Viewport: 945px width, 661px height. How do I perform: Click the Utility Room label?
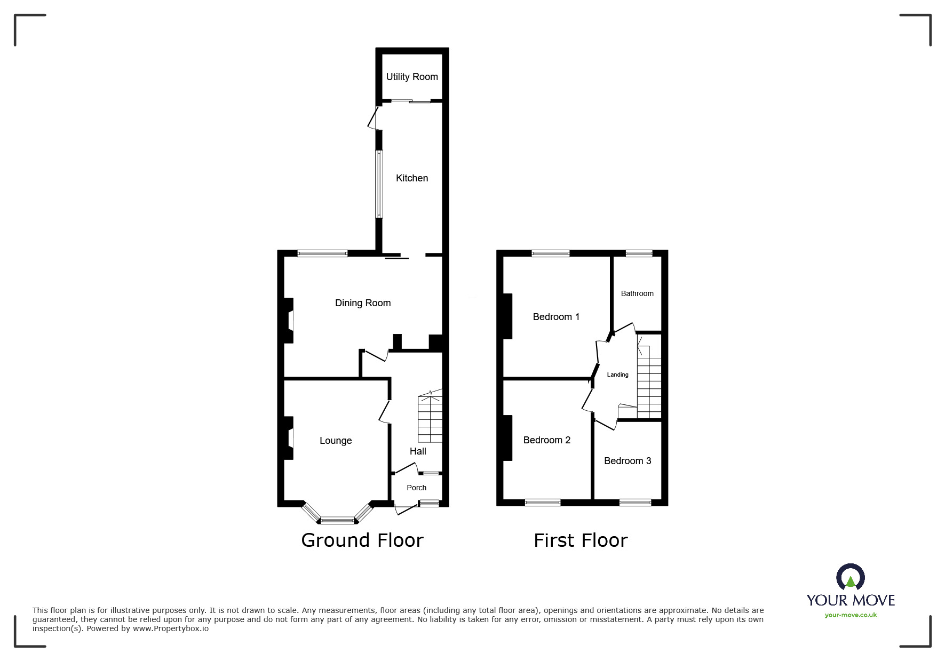411,77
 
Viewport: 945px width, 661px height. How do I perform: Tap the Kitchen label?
411,178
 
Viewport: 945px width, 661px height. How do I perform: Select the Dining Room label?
362,303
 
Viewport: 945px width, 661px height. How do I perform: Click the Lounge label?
335,441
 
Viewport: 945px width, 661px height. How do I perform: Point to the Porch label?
416,488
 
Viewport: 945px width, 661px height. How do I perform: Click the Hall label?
417,451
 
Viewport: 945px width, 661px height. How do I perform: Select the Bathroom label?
637,293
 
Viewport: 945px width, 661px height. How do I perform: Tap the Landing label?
617,375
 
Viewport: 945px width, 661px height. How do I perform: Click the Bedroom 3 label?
627,461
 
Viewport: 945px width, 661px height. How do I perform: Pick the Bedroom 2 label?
546,440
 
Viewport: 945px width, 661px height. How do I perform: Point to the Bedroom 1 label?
555,317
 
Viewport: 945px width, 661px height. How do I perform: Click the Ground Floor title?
362,540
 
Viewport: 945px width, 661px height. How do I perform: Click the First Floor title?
580,540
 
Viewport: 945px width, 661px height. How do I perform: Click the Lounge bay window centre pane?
337,520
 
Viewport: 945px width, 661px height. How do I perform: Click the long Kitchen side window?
379,184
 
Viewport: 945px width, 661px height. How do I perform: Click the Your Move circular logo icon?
850,577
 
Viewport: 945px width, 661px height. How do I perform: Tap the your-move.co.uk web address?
851,615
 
